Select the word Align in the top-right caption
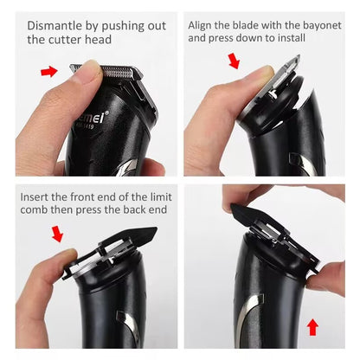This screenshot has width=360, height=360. click(203, 25)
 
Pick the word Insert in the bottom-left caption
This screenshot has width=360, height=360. click(36, 198)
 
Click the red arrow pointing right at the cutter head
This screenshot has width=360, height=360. click(52, 72)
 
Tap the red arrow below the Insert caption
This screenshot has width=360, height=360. click(57, 234)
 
